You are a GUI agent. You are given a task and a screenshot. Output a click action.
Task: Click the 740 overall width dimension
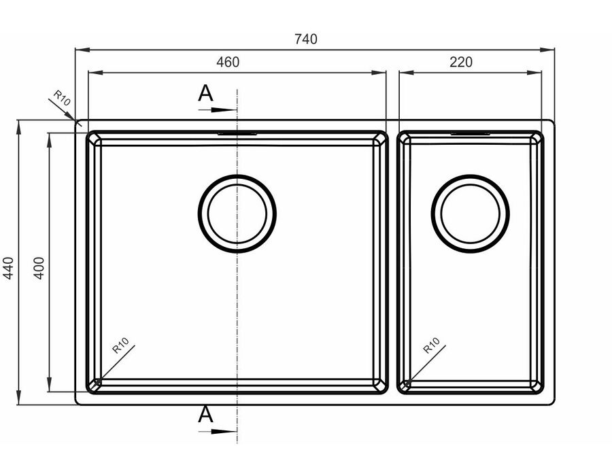coord(306,39)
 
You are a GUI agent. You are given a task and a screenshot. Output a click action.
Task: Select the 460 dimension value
coord(228,62)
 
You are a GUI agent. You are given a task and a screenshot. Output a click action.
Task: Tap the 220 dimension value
coord(461,62)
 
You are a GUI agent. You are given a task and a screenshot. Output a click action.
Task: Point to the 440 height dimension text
coord(8,268)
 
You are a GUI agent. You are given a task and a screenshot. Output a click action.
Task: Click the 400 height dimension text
coord(39,268)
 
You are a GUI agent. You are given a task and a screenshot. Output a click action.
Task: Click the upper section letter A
coord(205,93)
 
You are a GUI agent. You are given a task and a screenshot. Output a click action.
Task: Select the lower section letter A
coord(205,414)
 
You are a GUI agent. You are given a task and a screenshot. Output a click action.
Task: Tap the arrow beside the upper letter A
coord(218,110)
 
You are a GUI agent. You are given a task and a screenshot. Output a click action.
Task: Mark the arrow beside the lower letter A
coord(218,432)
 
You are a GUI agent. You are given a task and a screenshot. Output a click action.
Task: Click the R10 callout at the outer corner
coord(62,99)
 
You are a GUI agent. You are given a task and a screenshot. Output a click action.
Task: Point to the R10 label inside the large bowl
coord(120,345)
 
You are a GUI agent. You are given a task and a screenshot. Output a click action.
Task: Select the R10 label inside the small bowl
coord(431,345)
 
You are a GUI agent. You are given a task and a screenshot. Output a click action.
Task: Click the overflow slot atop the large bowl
coord(237,134)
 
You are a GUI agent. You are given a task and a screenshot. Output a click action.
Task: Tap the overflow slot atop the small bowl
coord(471,134)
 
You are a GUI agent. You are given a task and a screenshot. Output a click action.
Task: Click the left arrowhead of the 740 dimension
coord(82,50)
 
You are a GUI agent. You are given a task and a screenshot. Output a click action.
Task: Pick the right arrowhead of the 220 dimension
coord(534,73)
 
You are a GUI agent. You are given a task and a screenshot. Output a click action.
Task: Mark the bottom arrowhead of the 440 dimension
coord(18,398)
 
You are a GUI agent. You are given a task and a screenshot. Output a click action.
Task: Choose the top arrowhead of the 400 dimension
coord(49,141)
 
